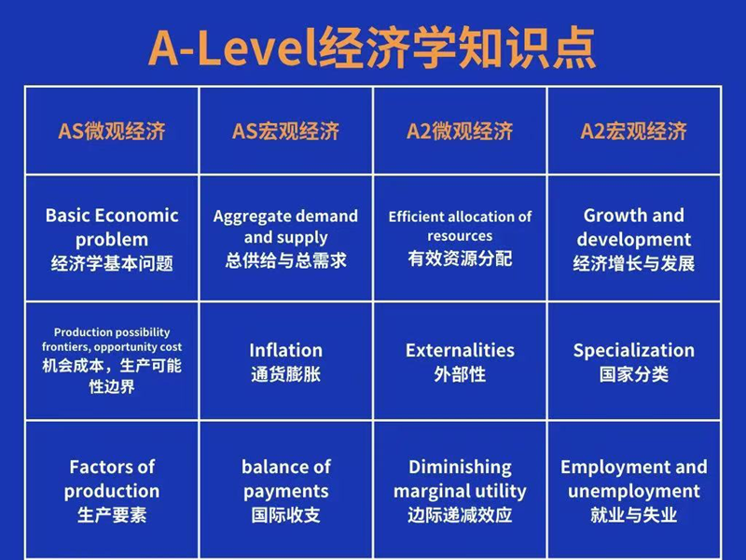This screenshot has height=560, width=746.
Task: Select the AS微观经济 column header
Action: pyautogui.click(x=112, y=131)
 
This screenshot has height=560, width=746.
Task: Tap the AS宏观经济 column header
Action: pyautogui.click(x=285, y=131)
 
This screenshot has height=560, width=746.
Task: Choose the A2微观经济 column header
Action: pyautogui.click(x=460, y=131)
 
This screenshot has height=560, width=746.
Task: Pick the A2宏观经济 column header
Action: pyautogui.click(x=634, y=131)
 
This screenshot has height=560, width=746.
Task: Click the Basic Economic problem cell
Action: pyautogui.click(x=112, y=238)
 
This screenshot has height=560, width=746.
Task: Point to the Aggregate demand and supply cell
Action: pyautogui.click(x=285, y=238)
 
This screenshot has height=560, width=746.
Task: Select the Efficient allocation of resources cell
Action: pyautogui.click(x=460, y=238)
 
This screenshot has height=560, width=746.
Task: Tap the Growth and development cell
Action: pyautogui.click(x=634, y=238)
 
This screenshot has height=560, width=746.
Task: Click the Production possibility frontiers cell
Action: pyautogui.click(x=112, y=359)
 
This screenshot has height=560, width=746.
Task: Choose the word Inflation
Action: pyautogui.click(x=285, y=350)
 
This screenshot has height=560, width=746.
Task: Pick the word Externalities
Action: pyautogui.click(x=460, y=350)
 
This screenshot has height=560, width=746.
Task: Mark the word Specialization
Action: pyautogui.click(x=634, y=350)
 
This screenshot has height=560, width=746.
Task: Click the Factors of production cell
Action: pyautogui.click(x=112, y=490)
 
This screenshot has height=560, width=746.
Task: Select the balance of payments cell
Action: pyautogui.click(x=285, y=490)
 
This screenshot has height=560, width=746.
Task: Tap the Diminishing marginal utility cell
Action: pyautogui.click(x=460, y=490)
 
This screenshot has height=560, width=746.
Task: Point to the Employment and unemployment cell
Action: pyautogui.click(x=634, y=490)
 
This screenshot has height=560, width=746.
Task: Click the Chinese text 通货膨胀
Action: pyautogui.click(x=285, y=375)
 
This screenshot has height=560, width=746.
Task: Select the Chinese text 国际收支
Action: pyautogui.click(x=285, y=515)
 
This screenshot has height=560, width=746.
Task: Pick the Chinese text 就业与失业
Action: pyautogui.click(x=634, y=515)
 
